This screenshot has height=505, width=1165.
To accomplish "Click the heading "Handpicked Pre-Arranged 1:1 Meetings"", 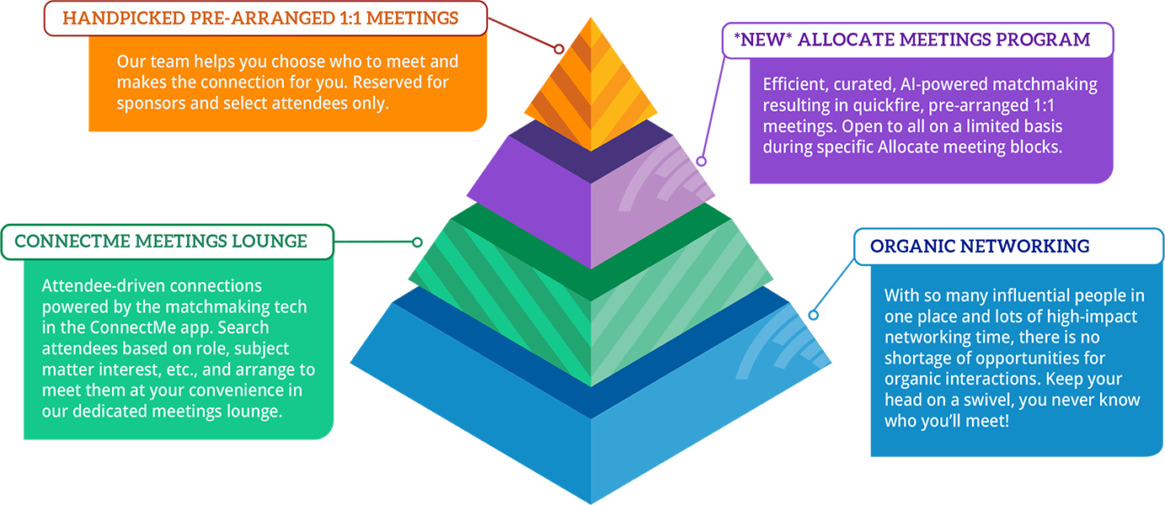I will [x=260, y=18].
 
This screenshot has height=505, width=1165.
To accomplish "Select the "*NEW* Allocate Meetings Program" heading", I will [x=913, y=40].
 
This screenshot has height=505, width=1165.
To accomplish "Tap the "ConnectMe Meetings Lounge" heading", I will [x=161, y=242].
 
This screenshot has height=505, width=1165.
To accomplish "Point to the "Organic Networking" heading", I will [x=980, y=247].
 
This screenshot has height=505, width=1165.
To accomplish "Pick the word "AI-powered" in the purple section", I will [x=933, y=84].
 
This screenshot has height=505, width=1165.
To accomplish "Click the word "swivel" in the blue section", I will [x=974, y=400].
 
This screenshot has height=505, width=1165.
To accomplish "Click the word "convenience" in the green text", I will [x=242, y=391].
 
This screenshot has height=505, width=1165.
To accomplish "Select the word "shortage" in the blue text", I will [x=916, y=358].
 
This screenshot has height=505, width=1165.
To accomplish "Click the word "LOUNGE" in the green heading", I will [x=270, y=242].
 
